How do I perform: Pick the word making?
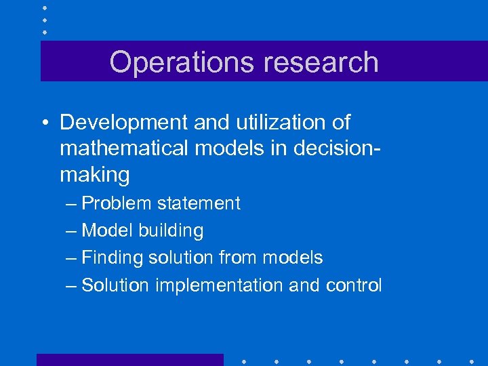[94, 175]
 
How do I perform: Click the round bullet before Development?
[44, 123]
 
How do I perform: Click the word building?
[171, 230]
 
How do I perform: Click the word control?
[353, 285]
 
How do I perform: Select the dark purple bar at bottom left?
[129, 360]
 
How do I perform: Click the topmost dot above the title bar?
[45, 7]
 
